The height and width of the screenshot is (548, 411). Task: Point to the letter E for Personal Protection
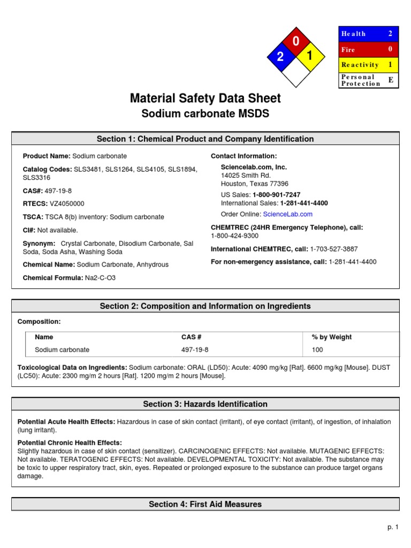coord(390,80)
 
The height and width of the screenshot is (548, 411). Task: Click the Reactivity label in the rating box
coord(360,65)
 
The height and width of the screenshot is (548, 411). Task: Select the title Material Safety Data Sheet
coord(205,98)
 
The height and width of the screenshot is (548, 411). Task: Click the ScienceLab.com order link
coord(287,214)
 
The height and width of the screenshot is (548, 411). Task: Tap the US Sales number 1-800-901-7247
coord(276,195)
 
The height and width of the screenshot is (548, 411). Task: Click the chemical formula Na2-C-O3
coord(100,278)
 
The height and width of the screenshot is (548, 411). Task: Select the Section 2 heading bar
coord(205,306)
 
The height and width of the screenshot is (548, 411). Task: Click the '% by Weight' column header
coord(332,337)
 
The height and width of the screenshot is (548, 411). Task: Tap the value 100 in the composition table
coord(317,350)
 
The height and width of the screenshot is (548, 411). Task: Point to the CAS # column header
coord(191,337)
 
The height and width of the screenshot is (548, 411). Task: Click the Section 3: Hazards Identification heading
coord(205,404)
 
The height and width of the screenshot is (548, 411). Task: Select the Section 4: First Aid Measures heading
coord(205,504)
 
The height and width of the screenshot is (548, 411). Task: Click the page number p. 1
coord(393,527)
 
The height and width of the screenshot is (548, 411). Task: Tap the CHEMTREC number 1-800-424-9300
coord(234,235)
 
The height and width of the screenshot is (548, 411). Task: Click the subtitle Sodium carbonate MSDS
coord(205,114)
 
